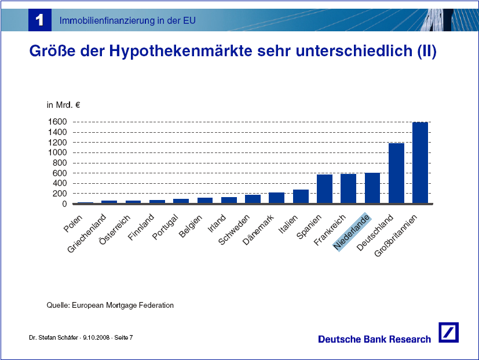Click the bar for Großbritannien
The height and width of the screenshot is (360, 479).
click(x=420, y=163)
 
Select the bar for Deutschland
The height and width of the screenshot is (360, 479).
click(x=396, y=173)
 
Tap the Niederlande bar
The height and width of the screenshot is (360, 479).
click(x=372, y=188)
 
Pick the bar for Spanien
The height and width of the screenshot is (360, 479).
click(x=324, y=189)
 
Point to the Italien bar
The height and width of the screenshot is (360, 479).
click(x=301, y=197)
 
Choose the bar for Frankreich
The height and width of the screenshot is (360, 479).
click(x=348, y=188)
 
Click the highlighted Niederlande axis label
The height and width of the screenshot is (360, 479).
click(x=352, y=232)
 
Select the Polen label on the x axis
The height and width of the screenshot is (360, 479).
click(x=73, y=223)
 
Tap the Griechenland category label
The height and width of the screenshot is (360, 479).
click(x=86, y=234)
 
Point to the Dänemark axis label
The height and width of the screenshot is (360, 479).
click(x=258, y=230)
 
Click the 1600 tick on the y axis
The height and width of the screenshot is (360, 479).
click(x=57, y=122)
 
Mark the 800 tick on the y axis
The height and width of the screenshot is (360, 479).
click(x=60, y=163)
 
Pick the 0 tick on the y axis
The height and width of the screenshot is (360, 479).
click(x=64, y=203)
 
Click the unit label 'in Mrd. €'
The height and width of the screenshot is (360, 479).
click(x=63, y=105)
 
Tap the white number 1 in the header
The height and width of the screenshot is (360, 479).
click(x=40, y=20)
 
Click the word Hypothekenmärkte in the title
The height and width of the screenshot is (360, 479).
click(x=181, y=51)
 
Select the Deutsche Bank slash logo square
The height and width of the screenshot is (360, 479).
click(x=448, y=332)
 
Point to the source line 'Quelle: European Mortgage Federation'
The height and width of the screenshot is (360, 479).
click(x=110, y=306)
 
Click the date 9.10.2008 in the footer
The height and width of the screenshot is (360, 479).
click(x=96, y=337)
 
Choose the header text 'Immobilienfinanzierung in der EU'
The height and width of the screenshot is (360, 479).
click(x=127, y=20)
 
